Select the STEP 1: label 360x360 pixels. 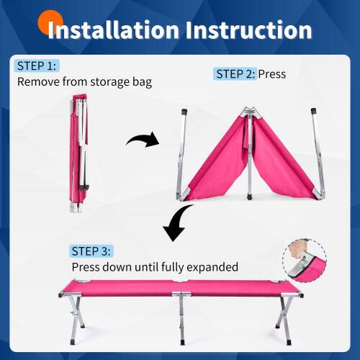tap(37, 66)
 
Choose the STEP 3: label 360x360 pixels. tap(91, 251)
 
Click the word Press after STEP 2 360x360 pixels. tap(272, 73)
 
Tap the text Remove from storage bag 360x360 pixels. tap(85, 82)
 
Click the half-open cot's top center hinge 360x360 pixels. tap(249, 113)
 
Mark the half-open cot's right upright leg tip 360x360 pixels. tap(314, 113)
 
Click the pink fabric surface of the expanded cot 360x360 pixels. tap(180, 287)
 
